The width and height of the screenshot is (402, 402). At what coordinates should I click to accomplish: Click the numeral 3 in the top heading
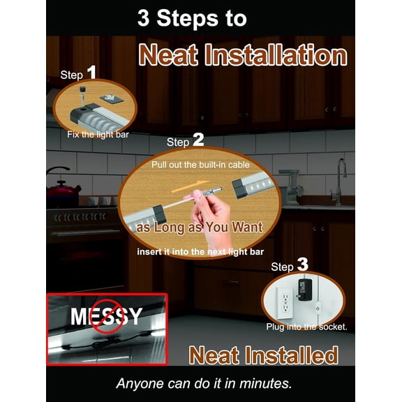click(143, 18)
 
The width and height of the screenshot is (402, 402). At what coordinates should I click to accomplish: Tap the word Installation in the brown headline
click(276, 55)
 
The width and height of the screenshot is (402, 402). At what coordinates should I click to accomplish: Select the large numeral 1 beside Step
click(91, 72)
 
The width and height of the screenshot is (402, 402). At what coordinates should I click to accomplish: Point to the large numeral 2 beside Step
click(198, 140)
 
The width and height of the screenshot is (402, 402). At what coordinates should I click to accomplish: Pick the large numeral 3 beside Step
click(302, 265)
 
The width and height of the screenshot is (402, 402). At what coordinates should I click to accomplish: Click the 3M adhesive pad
click(111, 98)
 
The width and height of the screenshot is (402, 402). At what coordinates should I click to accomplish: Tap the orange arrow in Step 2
click(191, 186)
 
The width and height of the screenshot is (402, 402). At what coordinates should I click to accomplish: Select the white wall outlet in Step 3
click(285, 304)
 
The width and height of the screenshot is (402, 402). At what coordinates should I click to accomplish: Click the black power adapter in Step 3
click(304, 290)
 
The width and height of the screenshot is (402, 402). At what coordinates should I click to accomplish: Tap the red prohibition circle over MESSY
click(107, 316)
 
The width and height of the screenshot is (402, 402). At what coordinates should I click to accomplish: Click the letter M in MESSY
click(80, 316)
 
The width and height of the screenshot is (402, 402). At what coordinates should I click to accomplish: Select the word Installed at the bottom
click(292, 355)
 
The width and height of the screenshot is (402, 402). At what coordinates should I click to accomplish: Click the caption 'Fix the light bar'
click(98, 135)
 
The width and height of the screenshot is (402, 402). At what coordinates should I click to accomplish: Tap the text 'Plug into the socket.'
click(306, 327)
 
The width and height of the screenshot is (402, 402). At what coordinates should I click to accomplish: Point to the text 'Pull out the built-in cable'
click(200, 165)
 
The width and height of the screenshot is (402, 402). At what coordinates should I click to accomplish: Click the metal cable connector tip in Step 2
click(213, 191)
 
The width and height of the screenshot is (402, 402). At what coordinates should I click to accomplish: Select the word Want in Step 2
click(247, 227)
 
